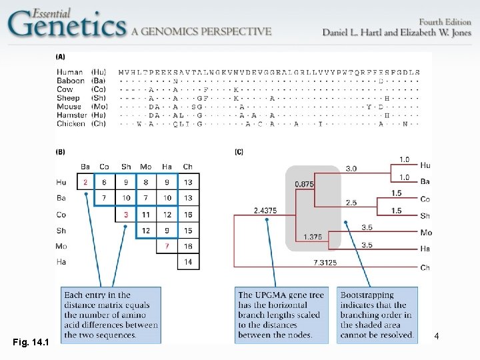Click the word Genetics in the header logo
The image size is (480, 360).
point(67,26)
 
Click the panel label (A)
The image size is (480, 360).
point(61,57)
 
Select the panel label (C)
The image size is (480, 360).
point(239,152)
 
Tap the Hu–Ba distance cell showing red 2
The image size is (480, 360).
point(85,182)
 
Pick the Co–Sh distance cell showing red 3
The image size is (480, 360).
point(126,215)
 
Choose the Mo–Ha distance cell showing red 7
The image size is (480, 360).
point(167,247)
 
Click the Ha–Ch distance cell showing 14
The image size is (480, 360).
point(187,263)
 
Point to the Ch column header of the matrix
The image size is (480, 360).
point(187,166)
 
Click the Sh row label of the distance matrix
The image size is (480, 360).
point(61,231)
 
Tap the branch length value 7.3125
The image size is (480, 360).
point(324,263)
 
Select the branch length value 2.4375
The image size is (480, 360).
point(265,211)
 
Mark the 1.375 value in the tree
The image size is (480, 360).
point(313,237)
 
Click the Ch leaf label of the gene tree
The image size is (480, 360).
point(425,268)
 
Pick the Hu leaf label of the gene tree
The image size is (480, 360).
point(425,165)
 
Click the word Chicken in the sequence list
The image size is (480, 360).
point(71,123)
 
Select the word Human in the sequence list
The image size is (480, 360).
point(69,72)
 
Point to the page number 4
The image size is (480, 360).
point(436,337)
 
